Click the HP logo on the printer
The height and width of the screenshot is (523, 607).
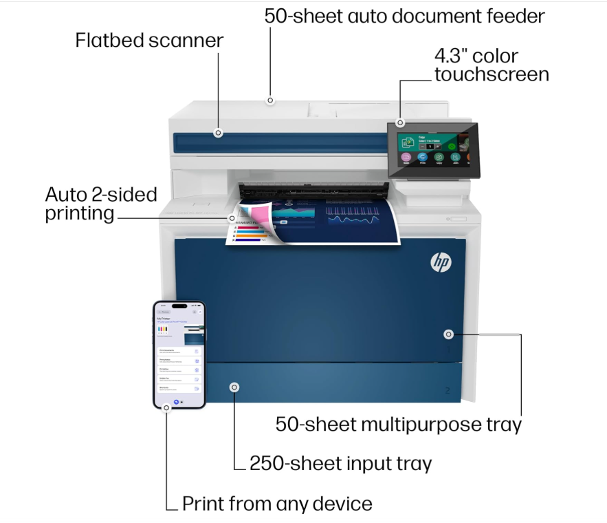pyautogui.click(x=441, y=261)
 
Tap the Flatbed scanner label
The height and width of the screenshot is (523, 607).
pyautogui.click(x=149, y=41)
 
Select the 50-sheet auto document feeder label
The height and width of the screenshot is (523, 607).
pyautogui.click(x=404, y=17)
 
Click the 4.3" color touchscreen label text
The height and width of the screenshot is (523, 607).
pyautogui.click(x=491, y=65)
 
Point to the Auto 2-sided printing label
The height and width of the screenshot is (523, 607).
pyautogui.click(x=101, y=203)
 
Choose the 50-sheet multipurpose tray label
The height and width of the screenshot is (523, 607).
pyautogui.click(x=399, y=424)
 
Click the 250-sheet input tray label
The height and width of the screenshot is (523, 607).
pyautogui.click(x=340, y=463)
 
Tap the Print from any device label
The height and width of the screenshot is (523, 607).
pyautogui.click(x=277, y=504)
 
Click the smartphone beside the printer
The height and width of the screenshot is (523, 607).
pyautogui.click(x=179, y=354)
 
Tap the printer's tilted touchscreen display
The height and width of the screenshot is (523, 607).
pyautogui.click(x=432, y=149)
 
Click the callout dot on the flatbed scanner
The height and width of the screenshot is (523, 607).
pyautogui.click(x=218, y=133)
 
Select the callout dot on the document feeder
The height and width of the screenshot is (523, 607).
pyautogui.click(x=271, y=100)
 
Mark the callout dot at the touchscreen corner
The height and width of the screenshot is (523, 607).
pyautogui.click(x=400, y=122)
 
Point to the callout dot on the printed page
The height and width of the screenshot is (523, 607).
pyautogui.click(x=232, y=217)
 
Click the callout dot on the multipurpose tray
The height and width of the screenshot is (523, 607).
pyautogui.click(x=448, y=334)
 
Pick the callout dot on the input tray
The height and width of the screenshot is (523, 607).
pyautogui.click(x=235, y=387)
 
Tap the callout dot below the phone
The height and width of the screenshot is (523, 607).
pyautogui.click(x=166, y=407)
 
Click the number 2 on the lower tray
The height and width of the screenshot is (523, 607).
pyautogui.click(x=448, y=391)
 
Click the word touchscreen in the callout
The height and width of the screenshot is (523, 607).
pyautogui.click(x=491, y=74)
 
